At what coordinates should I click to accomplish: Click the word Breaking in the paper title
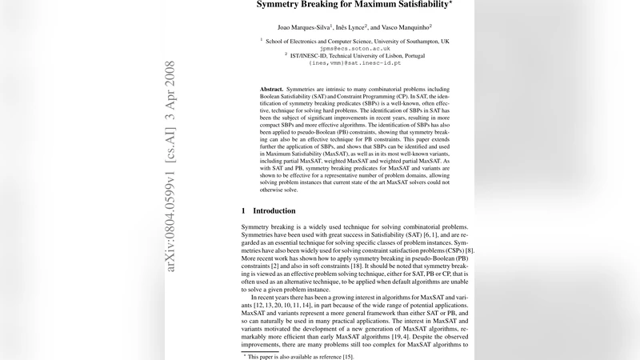[x=320, y=4]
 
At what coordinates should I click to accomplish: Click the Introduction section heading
[x=274, y=211]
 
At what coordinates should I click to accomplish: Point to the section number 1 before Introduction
[x=244, y=211]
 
